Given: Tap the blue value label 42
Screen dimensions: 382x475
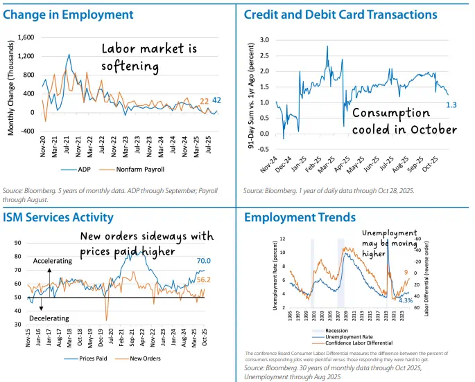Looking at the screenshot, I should pyautogui.click(x=217, y=100).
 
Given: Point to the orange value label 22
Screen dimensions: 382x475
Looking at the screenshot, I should pyautogui.click(x=204, y=102).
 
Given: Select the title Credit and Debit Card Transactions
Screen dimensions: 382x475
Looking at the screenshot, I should pyautogui.click(x=340, y=14).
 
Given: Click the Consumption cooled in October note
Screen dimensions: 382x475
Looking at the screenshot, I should pyautogui.click(x=404, y=121).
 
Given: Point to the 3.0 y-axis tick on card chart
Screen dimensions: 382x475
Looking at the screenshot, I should pyautogui.click(x=265, y=41).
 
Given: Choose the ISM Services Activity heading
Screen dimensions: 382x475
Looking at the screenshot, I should pyautogui.click(x=58, y=217).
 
